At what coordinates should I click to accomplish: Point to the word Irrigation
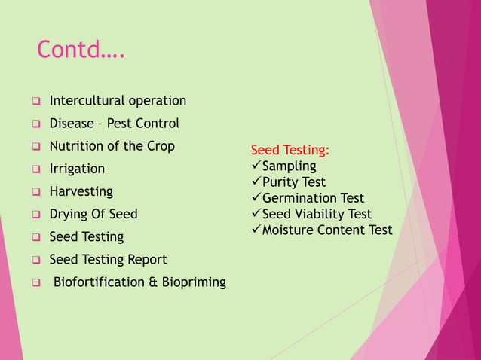pyautogui.click(x=77, y=169)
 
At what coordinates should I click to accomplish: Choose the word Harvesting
pyautogui.click(x=81, y=191)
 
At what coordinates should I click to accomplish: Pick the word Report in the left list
pyautogui.click(x=147, y=260)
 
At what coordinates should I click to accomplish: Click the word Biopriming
pyautogui.click(x=191, y=282)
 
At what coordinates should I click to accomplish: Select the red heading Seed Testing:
pyautogui.click(x=290, y=150)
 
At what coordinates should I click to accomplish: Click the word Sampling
pyautogui.click(x=290, y=166)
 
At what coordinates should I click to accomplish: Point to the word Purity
pyautogui.click(x=281, y=182)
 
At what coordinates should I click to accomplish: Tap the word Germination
pyautogui.click(x=299, y=198)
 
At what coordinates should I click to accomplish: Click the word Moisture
pyautogui.click(x=288, y=230)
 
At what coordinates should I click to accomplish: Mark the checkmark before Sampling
pyautogui.click(x=256, y=166)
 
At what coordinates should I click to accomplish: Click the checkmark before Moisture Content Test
pyautogui.click(x=256, y=229)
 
